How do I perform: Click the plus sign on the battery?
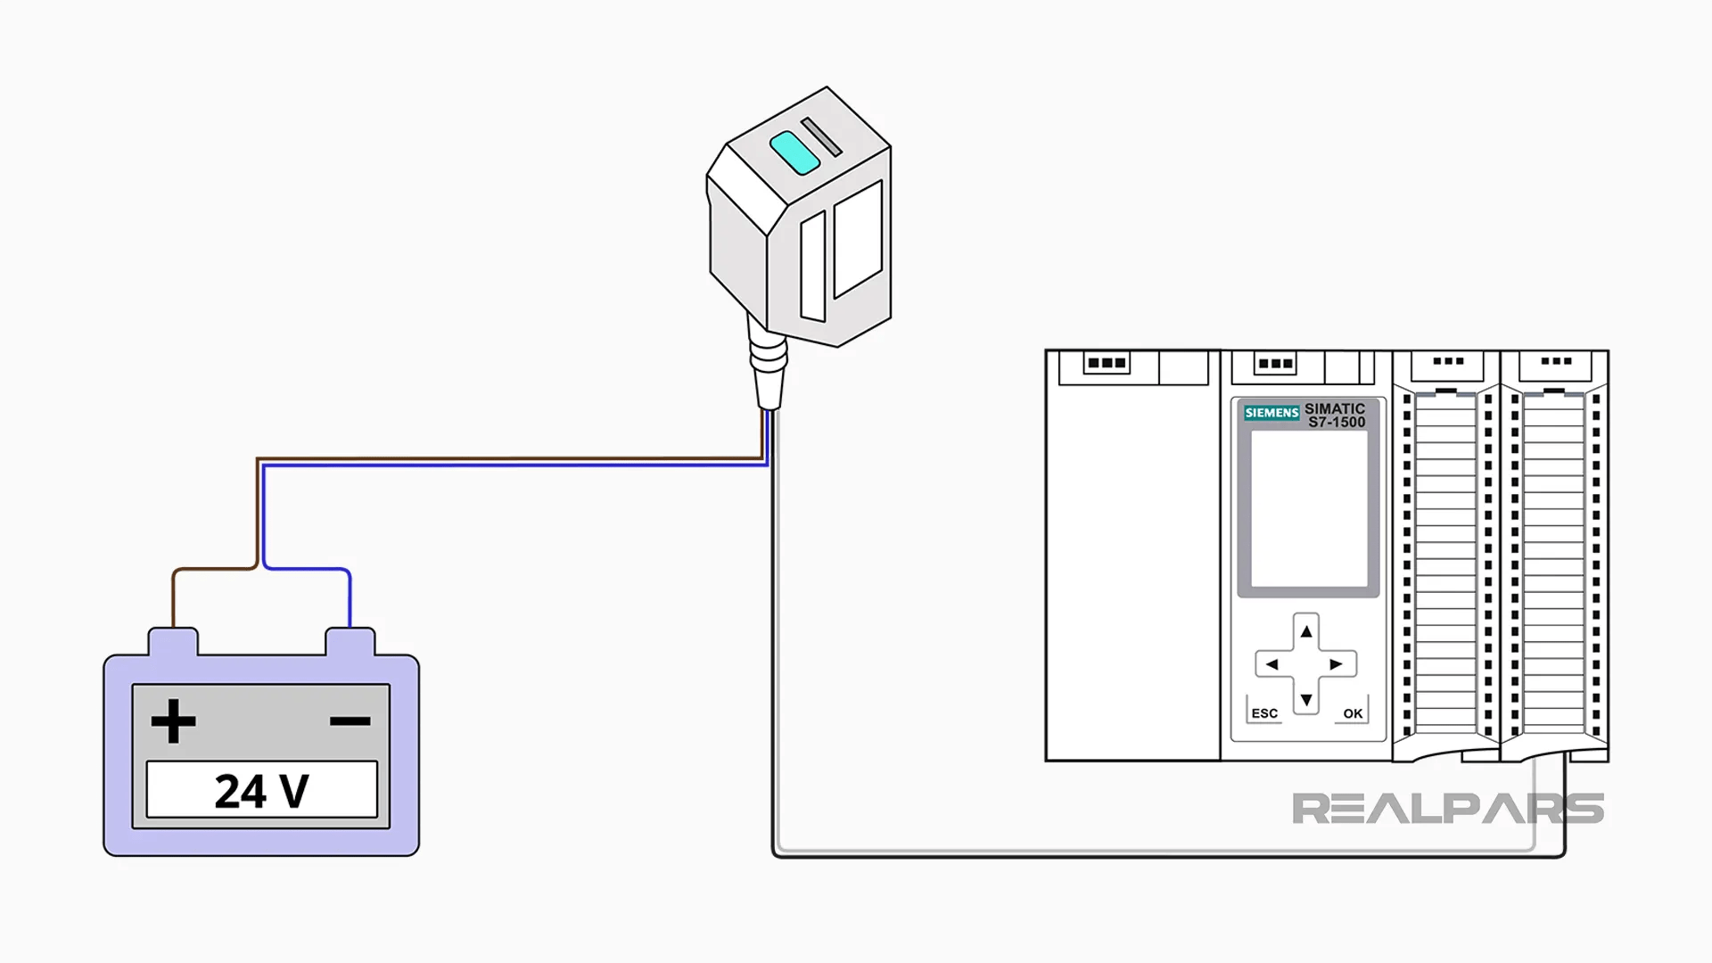pyautogui.click(x=173, y=720)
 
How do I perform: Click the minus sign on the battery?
pyautogui.click(x=350, y=720)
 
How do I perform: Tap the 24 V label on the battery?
pyautogui.click(x=261, y=790)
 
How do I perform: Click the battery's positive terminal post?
pyautogui.click(x=173, y=641)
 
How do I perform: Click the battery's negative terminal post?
pyautogui.click(x=350, y=641)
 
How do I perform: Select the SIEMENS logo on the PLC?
pyautogui.click(x=1272, y=413)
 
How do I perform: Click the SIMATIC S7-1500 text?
pyautogui.click(x=1335, y=416)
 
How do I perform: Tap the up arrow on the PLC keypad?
pyautogui.click(x=1306, y=632)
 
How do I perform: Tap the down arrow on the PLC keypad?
pyautogui.click(x=1306, y=700)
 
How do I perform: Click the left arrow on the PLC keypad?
pyautogui.click(x=1272, y=664)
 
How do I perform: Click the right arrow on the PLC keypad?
pyautogui.click(x=1336, y=664)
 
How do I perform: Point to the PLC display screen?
pyautogui.click(x=1308, y=508)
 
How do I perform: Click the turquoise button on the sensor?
pyautogui.click(x=794, y=152)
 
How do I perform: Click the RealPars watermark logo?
pyautogui.click(x=1447, y=809)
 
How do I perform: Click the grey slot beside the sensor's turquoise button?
pyautogui.click(x=821, y=137)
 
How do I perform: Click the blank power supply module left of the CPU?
pyautogui.click(x=1132, y=562)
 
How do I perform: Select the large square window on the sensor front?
pyautogui.click(x=858, y=239)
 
